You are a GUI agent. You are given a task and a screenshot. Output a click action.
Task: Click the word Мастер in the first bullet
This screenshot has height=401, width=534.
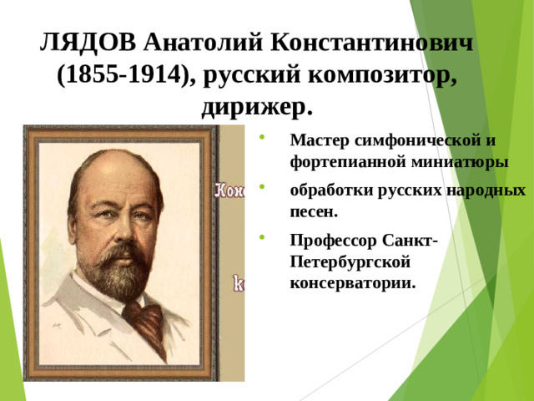(x=319, y=140)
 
